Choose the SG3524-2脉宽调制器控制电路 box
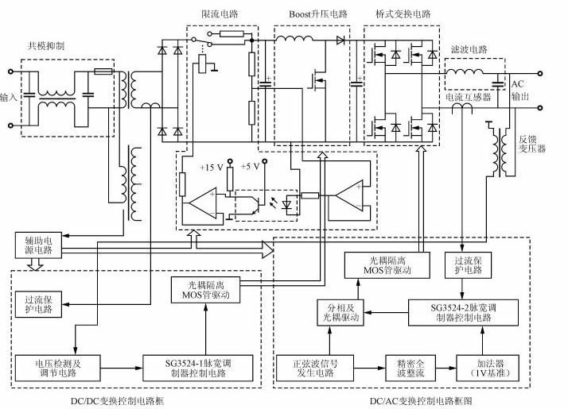(x=449, y=312)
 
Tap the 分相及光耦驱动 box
(x=339, y=312)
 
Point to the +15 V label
(x=212, y=168)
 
